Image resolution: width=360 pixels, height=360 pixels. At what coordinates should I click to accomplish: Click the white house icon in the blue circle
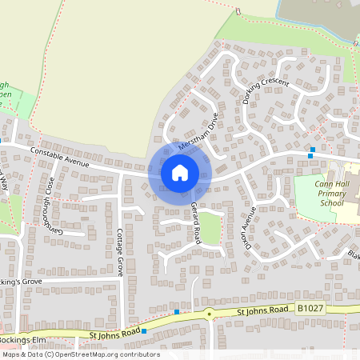180,172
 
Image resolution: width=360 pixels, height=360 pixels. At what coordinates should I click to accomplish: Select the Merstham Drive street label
198,133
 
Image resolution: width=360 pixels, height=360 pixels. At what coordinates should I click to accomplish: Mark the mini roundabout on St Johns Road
209,314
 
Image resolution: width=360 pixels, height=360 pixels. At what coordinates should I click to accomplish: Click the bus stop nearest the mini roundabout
176,311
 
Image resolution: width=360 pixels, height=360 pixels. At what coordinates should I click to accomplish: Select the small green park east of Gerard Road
209,229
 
